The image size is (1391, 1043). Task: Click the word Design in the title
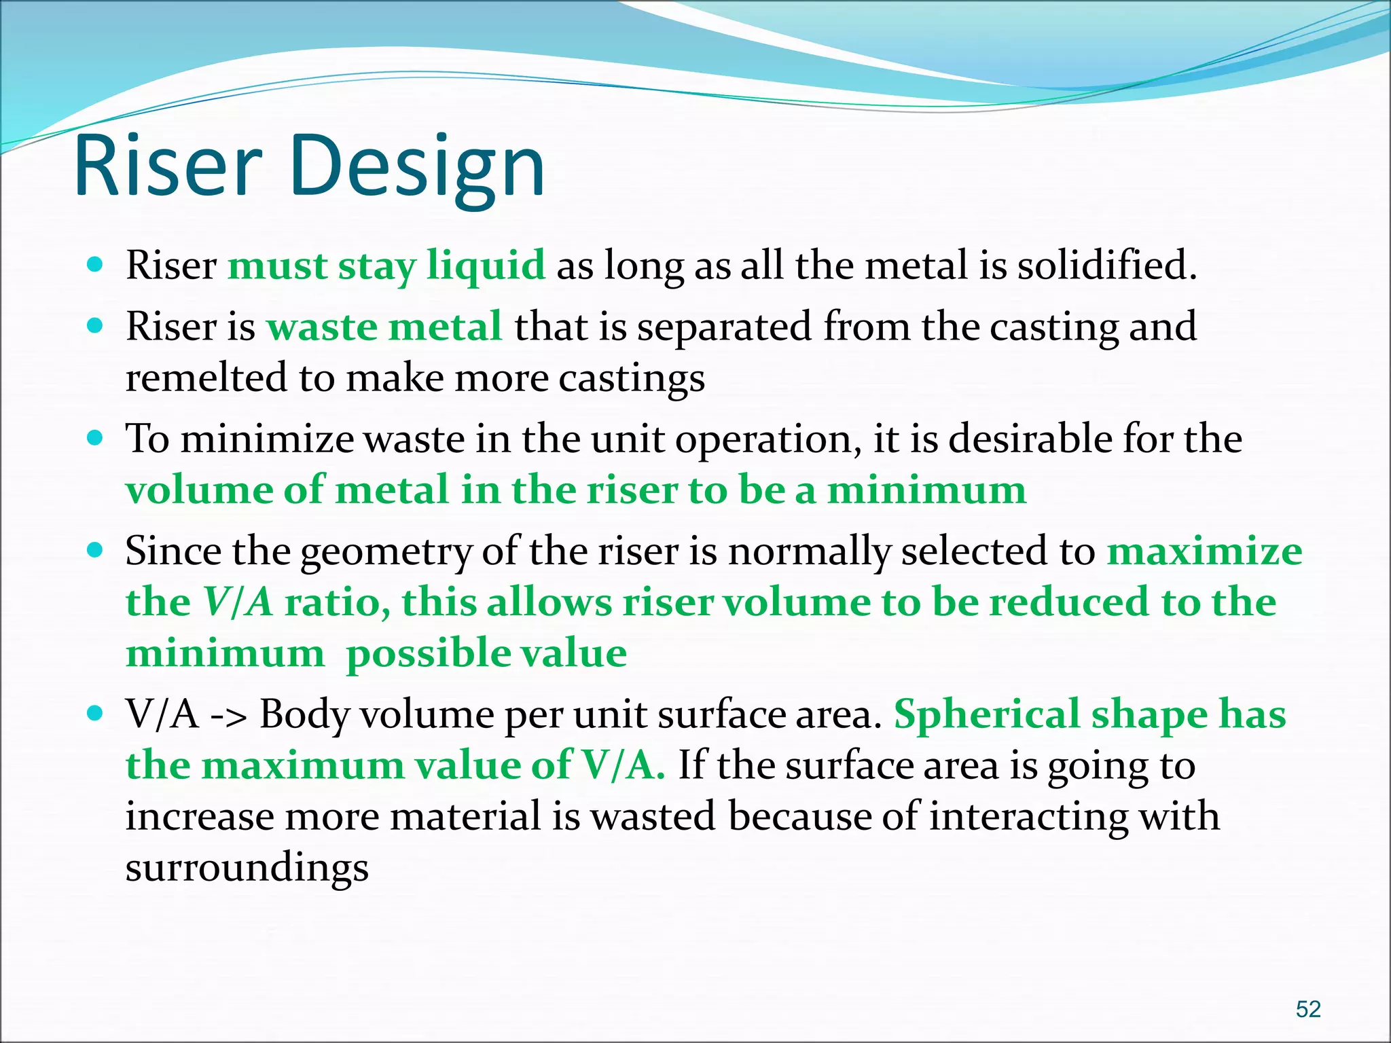pyautogui.click(x=417, y=168)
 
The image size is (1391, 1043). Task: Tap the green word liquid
pyautogui.click(x=486, y=265)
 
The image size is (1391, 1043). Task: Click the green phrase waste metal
pyautogui.click(x=384, y=327)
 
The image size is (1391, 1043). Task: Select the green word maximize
pyautogui.click(x=1204, y=551)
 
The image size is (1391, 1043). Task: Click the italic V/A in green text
pyautogui.click(x=238, y=602)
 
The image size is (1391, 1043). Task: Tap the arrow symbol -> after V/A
pyautogui.click(x=229, y=715)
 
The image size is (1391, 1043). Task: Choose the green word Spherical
pyautogui.click(x=986, y=715)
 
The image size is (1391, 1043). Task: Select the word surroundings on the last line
pyautogui.click(x=247, y=868)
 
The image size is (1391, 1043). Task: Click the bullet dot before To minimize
pyautogui.click(x=96, y=438)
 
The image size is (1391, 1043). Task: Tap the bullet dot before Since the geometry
pyautogui.click(x=96, y=549)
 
